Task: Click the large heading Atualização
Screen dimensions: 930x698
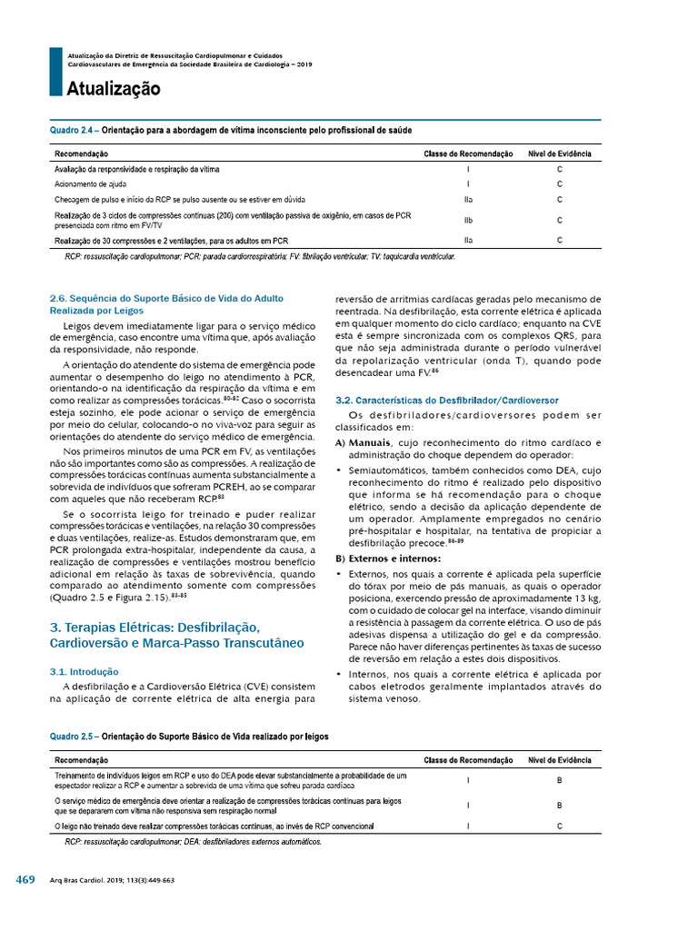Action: click(x=113, y=89)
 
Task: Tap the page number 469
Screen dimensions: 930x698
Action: click(x=25, y=880)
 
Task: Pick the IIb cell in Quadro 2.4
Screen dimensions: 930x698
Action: click(x=467, y=220)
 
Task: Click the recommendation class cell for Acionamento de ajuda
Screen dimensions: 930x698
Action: click(x=467, y=184)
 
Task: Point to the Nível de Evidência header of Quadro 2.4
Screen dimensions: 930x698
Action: click(x=560, y=154)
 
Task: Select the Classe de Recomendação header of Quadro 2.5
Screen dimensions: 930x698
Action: click(x=467, y=760)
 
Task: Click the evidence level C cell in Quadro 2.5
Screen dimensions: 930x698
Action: click(x=560, y=826)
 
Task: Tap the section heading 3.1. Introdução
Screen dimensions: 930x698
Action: click(x=85, y=673)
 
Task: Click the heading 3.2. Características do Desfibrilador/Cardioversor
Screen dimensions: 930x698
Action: click(x=446, y=401)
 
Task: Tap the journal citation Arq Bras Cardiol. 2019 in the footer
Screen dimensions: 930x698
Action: click(x=112, y=881)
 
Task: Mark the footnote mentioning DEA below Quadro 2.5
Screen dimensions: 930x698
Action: click(x=193, y=842)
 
